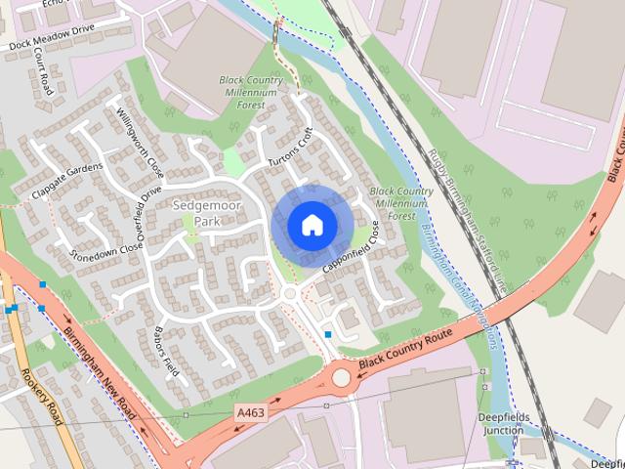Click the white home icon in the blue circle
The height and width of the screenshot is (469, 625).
pyautogui.click(x=311, y=225)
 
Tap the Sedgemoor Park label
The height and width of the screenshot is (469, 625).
pyautogui.click(x=198, y=214)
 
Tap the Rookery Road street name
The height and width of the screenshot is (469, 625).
pyautogui.click(x=43, y=396)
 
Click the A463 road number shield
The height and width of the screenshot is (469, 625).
pyautogui.click(x=249, y=414)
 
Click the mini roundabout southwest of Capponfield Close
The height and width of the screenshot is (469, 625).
pyautogui.click(x=289, y=293)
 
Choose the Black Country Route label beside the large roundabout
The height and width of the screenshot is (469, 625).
pyautogui.click(x=407, y=349)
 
